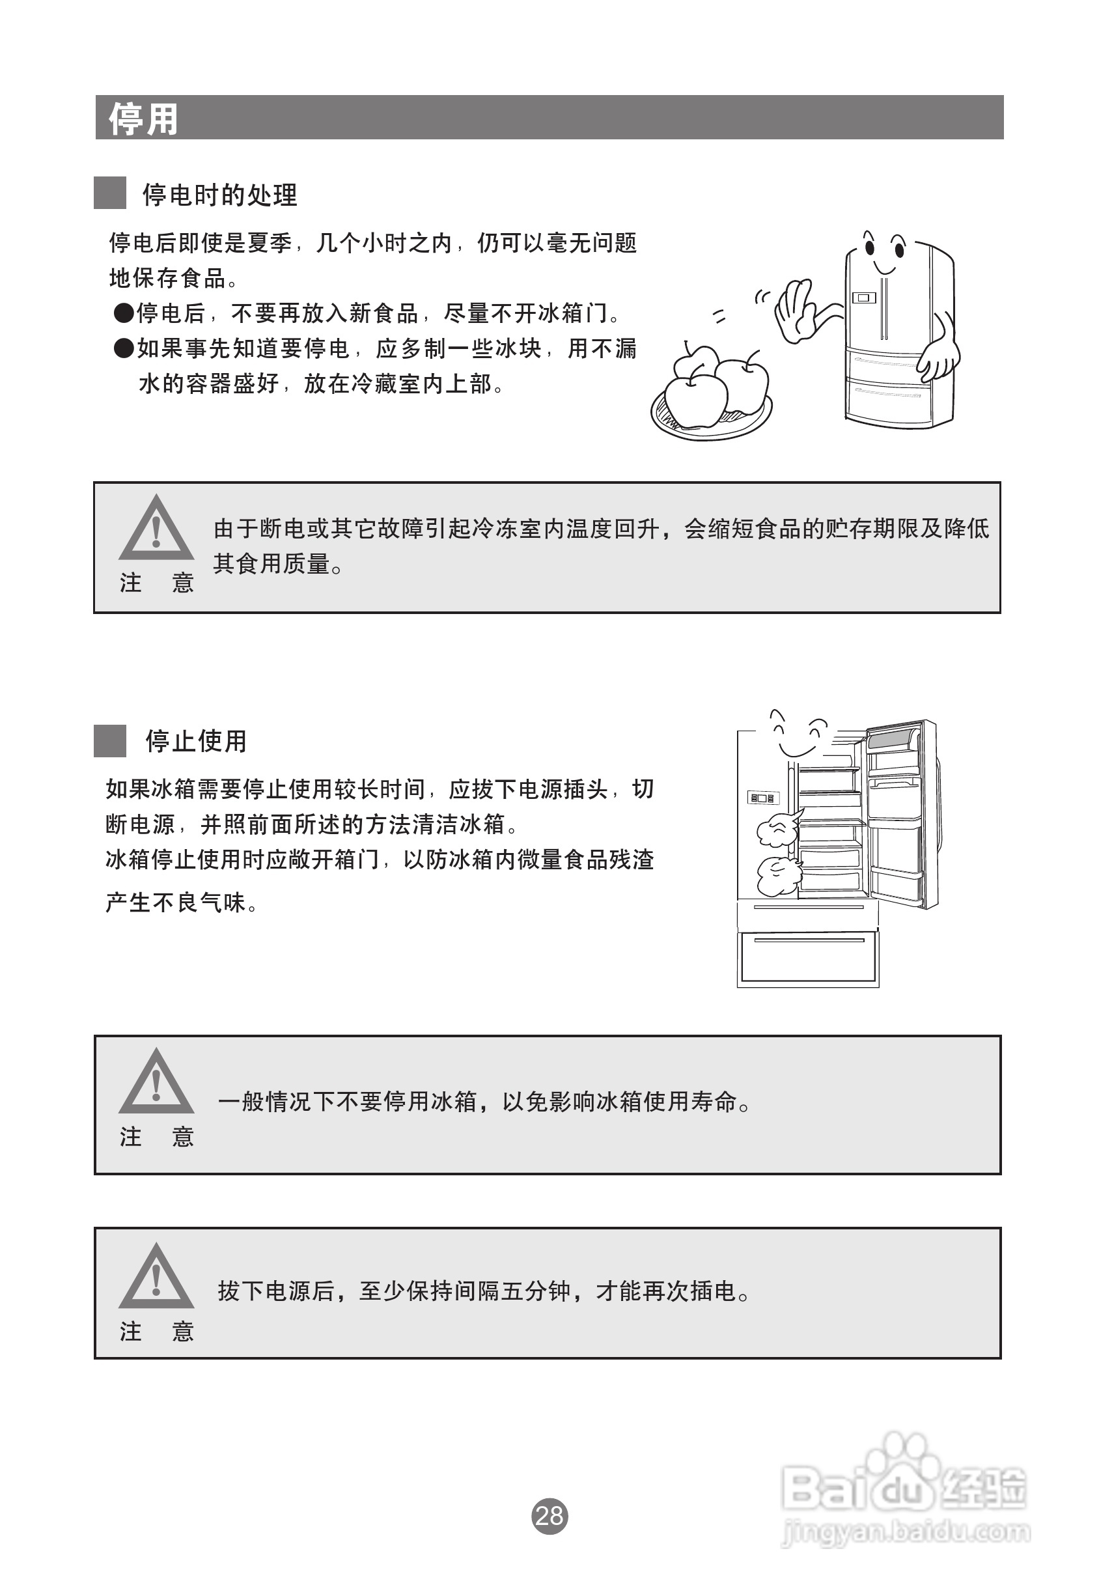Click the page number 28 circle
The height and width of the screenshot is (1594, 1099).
tap(549, 1515)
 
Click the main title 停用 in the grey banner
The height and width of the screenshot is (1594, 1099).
tap(143, 119)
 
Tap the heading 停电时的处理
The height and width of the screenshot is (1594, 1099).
tap(219, 195)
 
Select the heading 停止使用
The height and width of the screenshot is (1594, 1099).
tap(195, 741)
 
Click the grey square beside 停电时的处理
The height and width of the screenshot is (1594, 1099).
tap(109, 193)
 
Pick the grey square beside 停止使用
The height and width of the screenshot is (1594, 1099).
tap(109, 740)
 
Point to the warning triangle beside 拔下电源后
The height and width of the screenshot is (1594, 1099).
tap(156, 1279)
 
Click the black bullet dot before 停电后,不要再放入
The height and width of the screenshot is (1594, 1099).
tap(123, 314)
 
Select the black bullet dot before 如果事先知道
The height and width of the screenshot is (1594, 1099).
tap(123, 348)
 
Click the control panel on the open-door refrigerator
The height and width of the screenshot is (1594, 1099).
tap(761, 798)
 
